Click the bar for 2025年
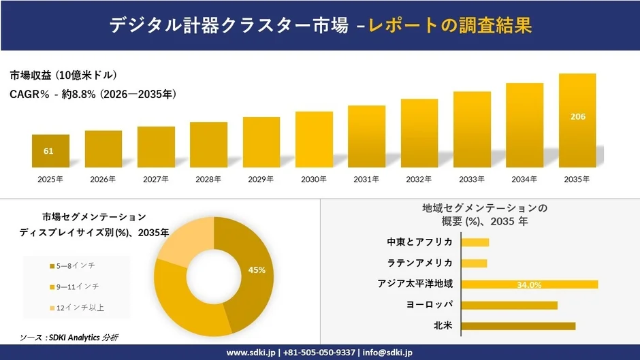(50, 151)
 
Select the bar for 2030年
(314, 140)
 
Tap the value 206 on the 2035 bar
(577, 116)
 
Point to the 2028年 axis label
(208, 180)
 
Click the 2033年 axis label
(472, 180)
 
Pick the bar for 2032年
(419, 133)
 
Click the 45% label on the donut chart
(257, 270)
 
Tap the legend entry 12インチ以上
(80, 308)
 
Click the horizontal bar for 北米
(518, 326)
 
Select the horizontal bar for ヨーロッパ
(509, 305)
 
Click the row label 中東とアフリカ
(419, 242)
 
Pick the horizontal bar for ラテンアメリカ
(475, 263)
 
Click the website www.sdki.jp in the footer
(251, 353)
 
